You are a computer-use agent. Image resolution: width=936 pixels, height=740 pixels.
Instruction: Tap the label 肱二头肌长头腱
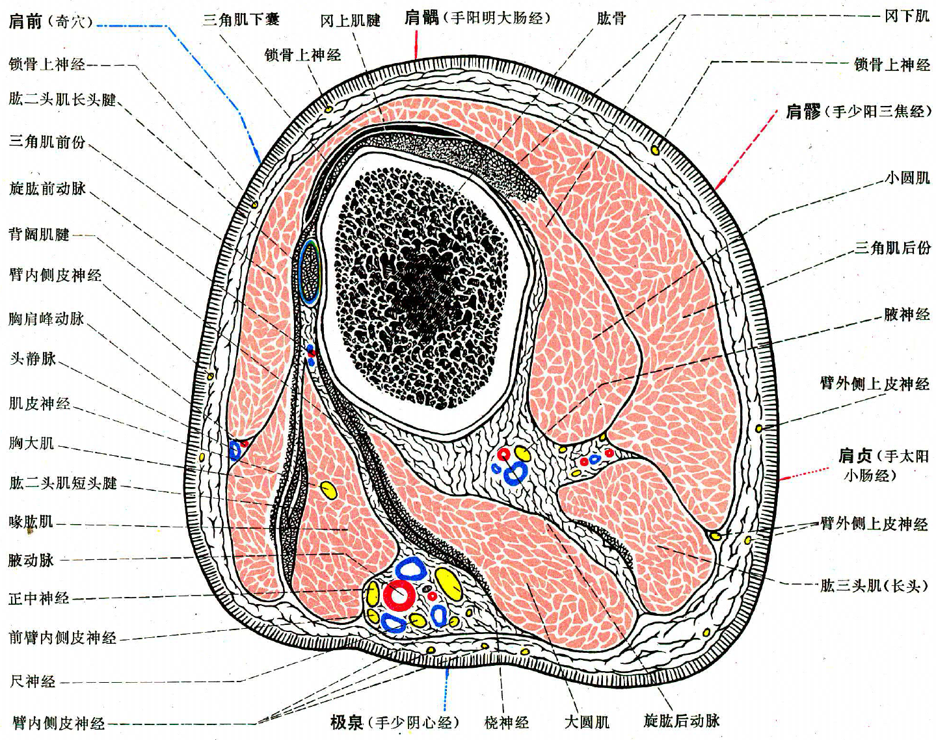click(62, 99)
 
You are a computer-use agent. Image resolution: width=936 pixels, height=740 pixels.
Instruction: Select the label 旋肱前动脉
click(47, 189)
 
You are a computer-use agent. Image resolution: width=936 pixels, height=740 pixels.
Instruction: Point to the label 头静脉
click(33, 358)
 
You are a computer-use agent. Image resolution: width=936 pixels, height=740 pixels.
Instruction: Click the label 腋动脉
click(31, 560)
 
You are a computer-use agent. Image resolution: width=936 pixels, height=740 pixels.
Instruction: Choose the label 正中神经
click(39, 598)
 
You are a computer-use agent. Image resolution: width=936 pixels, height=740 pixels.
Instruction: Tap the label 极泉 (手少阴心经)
click(394, 722)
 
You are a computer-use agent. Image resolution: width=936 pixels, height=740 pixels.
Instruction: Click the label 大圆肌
click(587, 722)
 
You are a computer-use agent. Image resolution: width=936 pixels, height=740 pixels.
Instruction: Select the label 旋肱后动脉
click(681, 720)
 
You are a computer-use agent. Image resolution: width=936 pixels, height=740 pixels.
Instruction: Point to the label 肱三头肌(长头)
click(874, 586)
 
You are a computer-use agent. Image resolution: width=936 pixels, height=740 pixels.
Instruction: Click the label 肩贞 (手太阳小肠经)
click(883, 465)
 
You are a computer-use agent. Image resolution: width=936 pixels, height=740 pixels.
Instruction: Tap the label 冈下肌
click(907, 16)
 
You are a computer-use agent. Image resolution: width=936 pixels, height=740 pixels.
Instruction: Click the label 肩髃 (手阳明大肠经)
click(477, 18)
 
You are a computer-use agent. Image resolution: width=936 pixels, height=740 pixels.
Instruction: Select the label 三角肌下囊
click(241, 20)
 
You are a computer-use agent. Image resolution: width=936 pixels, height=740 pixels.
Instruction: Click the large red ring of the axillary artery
click(398, 594)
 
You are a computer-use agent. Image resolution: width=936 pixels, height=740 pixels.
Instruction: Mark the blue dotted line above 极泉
click(446, 689)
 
